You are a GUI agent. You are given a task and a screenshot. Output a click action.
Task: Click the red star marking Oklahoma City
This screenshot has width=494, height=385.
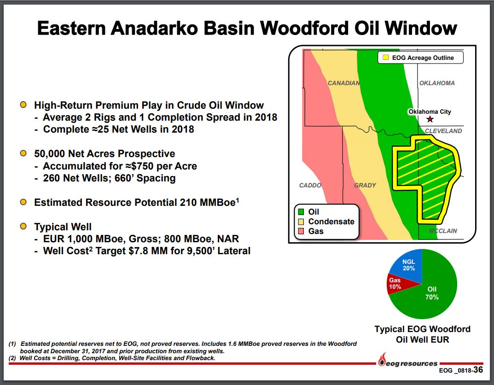(430, 119)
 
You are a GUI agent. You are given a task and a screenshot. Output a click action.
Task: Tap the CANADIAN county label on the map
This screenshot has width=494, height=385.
(344, 83)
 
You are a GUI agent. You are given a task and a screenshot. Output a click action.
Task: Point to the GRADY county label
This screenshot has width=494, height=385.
(365, 185)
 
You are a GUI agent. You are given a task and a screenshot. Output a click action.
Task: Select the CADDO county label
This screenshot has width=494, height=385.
(310, 185)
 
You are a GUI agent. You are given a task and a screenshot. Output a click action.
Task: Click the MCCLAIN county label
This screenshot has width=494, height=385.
(442, 231)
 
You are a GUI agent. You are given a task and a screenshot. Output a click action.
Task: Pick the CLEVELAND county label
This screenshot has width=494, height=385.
(443, 131)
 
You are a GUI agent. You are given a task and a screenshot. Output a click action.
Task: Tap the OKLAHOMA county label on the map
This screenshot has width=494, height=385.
(437, 83)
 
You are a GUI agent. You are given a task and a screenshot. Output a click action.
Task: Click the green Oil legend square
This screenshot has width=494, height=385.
(301, 212)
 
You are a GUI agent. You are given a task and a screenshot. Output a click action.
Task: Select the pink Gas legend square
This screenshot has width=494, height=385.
(301, 231)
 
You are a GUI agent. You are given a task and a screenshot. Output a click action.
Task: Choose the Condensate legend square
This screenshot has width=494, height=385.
(301, 222)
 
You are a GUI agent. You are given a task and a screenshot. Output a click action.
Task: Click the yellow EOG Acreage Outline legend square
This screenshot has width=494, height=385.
(385, 58)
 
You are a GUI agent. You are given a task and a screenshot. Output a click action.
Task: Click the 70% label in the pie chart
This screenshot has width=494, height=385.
(432, 297)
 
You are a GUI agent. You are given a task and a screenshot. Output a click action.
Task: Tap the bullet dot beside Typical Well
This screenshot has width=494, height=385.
(23, 226)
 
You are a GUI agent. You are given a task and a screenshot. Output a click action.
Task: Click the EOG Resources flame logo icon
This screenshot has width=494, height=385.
(382, 359)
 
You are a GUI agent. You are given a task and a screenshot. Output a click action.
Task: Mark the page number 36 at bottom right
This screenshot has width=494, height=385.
(478, 369)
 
